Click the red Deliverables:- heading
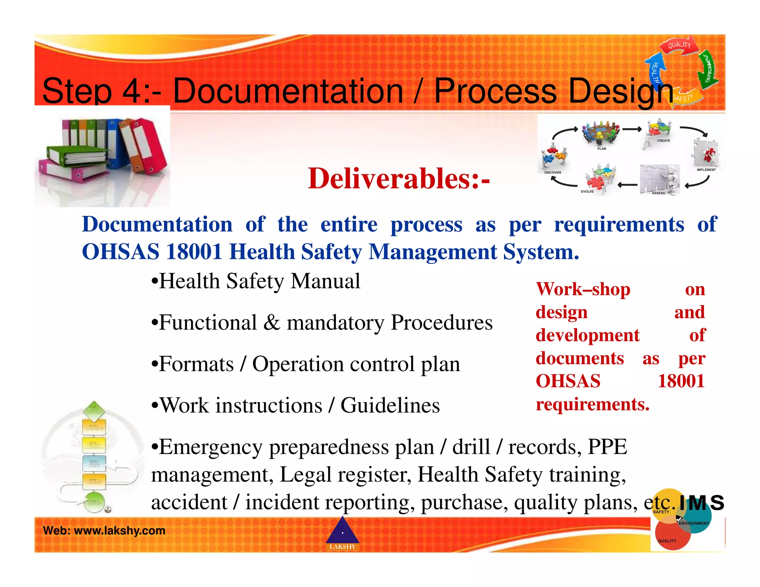click(399, 178)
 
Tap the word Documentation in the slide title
click(288, 91)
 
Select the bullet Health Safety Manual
click(256, 281)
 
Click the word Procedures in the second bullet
click(442, 322)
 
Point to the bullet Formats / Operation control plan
click(306, 364)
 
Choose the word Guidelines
click(390, 405)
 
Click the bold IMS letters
click(701, 503)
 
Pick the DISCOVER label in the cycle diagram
click(553, 173)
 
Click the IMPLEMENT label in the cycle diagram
click(706, 170)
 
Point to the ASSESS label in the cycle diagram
click(658, 193)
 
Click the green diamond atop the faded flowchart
click(94, 410)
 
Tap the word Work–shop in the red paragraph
click(583, 289)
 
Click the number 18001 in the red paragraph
click(681, 381)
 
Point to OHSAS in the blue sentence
click(121, 252)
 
